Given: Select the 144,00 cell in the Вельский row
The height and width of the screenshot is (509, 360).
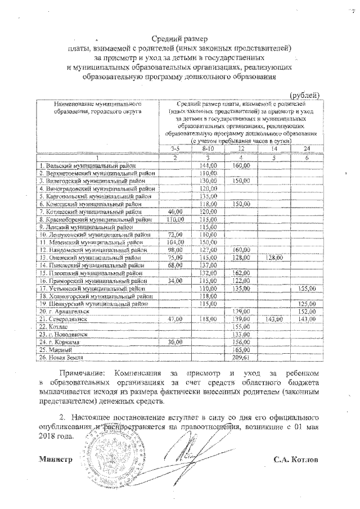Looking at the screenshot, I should (208, 166).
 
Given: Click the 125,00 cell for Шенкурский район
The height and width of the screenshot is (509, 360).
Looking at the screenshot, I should (308, 303).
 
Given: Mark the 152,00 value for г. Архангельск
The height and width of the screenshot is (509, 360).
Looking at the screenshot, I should (308, 310).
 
